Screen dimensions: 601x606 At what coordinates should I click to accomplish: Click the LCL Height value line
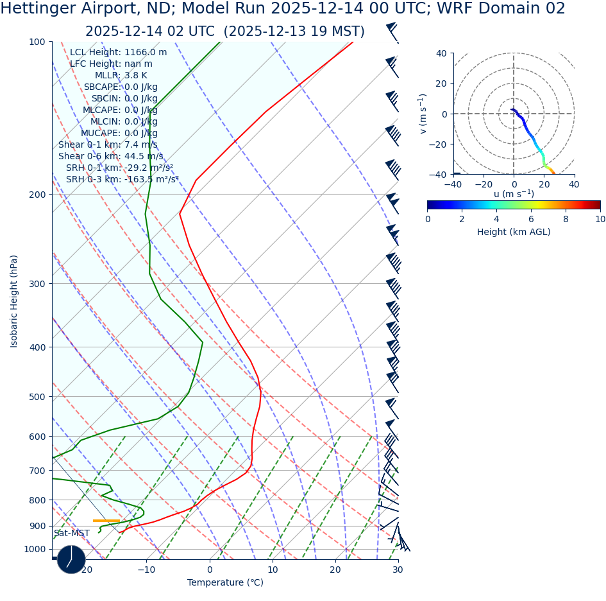tap(118, 53)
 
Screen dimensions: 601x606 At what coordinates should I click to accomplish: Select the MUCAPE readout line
tap(119, 134)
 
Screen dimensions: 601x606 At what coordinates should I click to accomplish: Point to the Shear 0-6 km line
tap(110, 157)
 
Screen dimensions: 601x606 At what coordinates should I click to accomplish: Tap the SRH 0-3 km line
tap(122, 180)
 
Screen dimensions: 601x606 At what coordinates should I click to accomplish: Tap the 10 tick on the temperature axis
tap(273, 570)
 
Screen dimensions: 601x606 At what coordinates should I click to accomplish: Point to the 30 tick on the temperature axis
tap(398, 570)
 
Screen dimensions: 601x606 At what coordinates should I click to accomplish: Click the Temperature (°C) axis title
tap(225, 582)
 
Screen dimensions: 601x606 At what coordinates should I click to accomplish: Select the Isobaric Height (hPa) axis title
tap(14, 300)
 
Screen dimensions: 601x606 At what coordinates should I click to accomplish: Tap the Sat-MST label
tap(72, 534)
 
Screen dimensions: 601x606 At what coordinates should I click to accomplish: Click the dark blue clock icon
tap(71, 559)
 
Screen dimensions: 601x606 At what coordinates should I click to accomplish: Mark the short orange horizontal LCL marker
tap(106, 521)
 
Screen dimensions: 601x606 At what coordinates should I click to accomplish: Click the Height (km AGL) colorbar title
tap(514, 232)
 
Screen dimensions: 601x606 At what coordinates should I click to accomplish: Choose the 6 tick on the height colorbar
tap(532, 219)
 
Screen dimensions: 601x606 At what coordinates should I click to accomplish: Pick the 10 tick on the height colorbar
tap(600, 219)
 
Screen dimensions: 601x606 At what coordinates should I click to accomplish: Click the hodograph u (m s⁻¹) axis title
tap(514, 194)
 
